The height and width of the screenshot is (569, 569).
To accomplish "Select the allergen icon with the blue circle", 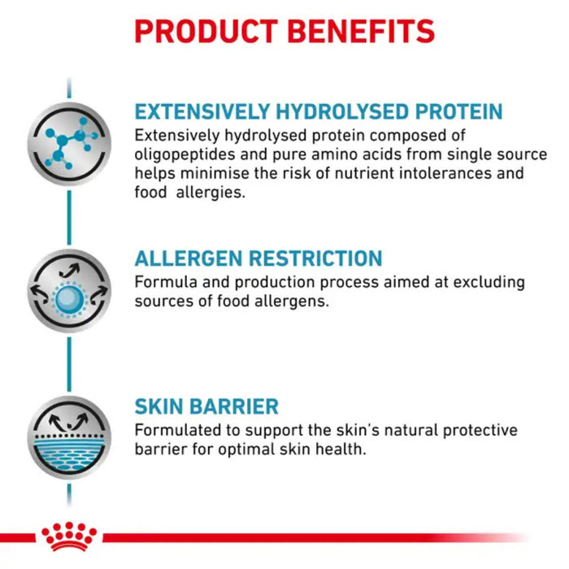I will coord(69,292).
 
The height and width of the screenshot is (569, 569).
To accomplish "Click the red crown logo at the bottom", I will coord(69,536).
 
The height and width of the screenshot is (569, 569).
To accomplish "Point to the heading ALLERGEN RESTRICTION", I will coord(258,259).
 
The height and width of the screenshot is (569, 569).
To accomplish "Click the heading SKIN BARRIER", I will coord(206,406).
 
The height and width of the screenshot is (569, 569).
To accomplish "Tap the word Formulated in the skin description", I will coord(176,430).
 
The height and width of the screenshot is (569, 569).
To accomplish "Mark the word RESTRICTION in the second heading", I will coord(315,259).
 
